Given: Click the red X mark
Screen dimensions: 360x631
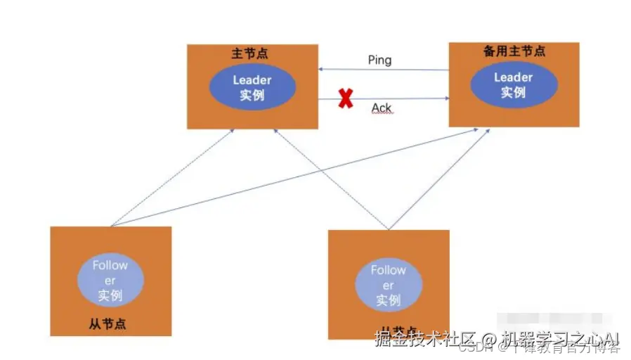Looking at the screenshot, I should (x=345, y=99).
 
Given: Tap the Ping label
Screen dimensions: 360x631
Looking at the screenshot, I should (x=379, y=60).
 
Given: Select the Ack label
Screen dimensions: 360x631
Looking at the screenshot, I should (x=382, y=108).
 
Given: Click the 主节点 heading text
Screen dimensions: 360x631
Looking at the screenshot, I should (x=249, y=53).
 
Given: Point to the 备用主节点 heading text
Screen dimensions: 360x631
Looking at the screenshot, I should (x=514, y=51).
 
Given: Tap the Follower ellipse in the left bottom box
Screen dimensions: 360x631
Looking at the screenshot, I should (x=110, y=280).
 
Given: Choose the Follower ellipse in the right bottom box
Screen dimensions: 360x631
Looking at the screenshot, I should (x=388, y=285).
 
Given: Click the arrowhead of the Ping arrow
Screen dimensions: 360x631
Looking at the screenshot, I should (x=320, y=70).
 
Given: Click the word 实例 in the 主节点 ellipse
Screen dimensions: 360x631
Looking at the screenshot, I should (x=252, y=95).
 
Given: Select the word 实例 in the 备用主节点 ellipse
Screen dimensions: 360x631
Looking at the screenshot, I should (x=514, y=92).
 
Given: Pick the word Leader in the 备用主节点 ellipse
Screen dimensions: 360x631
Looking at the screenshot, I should (x=514, y=77).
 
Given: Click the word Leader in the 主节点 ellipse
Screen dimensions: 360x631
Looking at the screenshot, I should (x=252, y=80).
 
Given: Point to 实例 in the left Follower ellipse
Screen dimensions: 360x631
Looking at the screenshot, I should (x=110, y=295).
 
